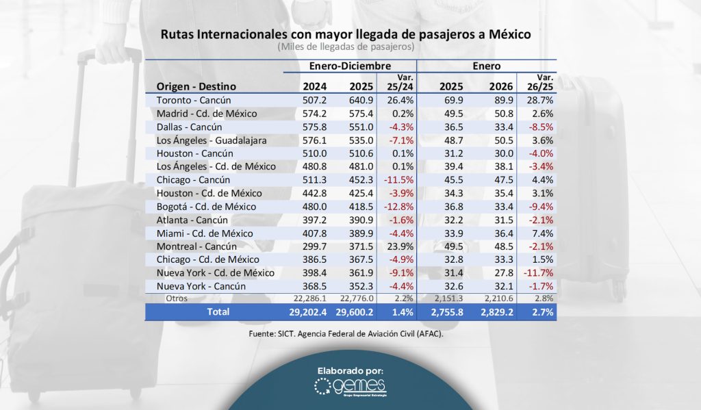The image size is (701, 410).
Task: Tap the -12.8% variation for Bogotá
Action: click(397, 207)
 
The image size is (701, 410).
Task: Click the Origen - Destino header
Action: click(196, 86)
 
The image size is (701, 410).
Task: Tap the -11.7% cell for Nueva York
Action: click(538, 273)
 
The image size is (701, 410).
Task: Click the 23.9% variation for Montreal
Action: click(396, 246)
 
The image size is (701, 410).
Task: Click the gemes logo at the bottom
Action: click(350, 387)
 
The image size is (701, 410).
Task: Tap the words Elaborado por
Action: click(350, 370)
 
